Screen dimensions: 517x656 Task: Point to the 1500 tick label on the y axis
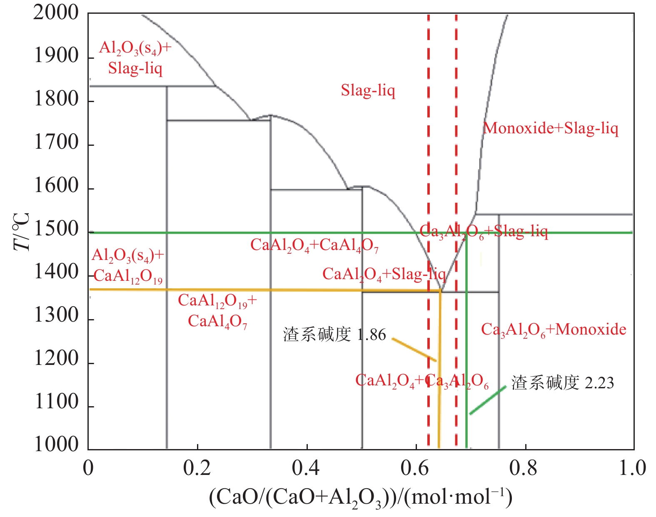tap(56, 229)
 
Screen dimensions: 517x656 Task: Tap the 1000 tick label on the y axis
tap(56, 444)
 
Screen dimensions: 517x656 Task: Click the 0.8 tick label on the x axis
tap(524, 468)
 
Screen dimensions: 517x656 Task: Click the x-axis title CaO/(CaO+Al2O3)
tap(360, 497)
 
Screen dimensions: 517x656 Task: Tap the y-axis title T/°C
tap(22, 231)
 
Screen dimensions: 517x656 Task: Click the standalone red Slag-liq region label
tap(368, 90)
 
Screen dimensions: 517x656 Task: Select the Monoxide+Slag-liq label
tap(551, 128)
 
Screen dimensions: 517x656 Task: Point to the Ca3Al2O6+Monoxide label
tap(554, 330)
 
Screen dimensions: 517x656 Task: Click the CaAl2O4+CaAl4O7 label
tap(314, 245)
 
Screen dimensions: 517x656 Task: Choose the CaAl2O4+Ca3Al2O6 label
tap(422, 381)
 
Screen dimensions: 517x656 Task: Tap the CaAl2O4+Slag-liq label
tap(384, 274)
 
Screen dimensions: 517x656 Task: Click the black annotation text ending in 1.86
tap(334, 335)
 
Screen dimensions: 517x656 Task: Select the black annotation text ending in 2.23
tap(563, 382)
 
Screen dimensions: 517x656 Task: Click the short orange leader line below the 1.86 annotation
tap(414, 350)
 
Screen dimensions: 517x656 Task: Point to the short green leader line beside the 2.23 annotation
tap(488, 400)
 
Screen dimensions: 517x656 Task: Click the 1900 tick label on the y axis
tap(56, 56)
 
